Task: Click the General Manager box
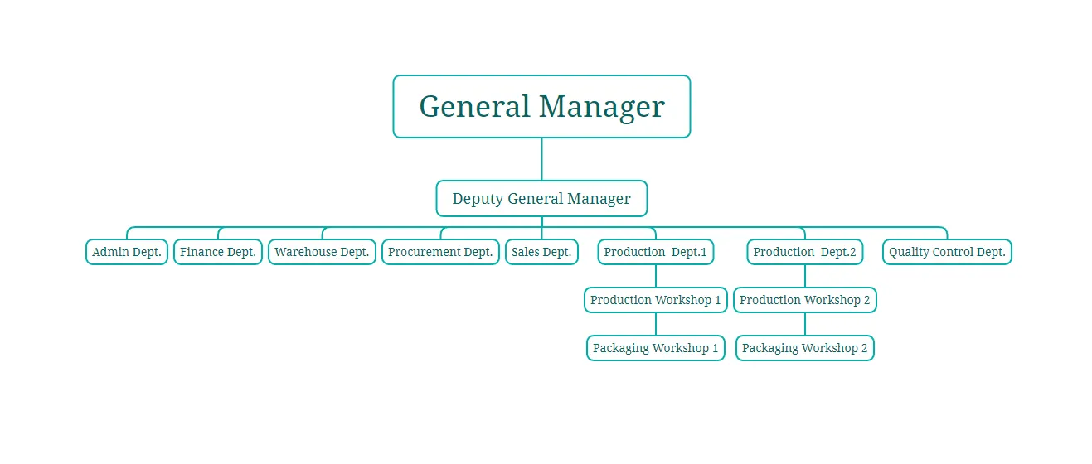pyautogui.click(x=541, y=107)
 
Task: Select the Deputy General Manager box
pyautogui.click(x=541, y=199)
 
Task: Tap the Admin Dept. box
pyautogui.click(x=127, y=252)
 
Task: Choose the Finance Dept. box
pyautogui.click(x=218, y=252)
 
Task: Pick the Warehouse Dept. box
pyautogui.click(x=322, y=252)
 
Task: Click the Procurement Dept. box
pyautogui.click(x=440, y=252)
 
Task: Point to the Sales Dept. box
pyautogui.click(x=541, y=252)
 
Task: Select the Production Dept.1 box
pyautogui.click(x=655, y=252)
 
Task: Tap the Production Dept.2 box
pyautogui.click(x=804, y=252)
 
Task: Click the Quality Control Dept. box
pyautogui.click(x=947, y=252)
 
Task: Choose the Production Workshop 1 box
pyautogui.click(x=655, y=300)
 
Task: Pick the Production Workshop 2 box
pyautogui.click(x=804, y=300)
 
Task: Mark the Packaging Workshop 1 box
pyautogui.click(x=655, y=348)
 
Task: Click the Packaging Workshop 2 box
pyautogui.click(x=804, y=348)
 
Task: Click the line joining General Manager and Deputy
pyautogui.click(x=541, y=159)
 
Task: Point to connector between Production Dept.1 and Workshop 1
pyautogui.click(x=655, y=276)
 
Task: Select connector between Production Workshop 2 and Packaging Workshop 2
pyautogui.click(x=804, y=324)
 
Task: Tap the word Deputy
pyautogui.click(x=478, y=199)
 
